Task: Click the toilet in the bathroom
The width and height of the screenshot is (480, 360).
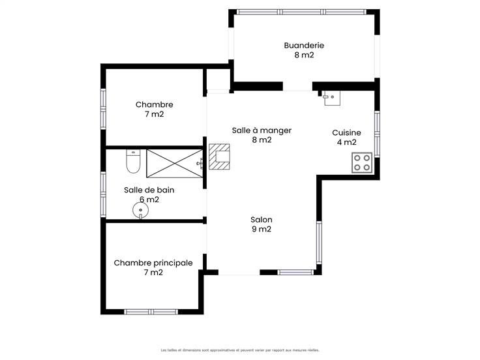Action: click(x=133, y=161)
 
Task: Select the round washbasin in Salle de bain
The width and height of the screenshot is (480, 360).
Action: click(x=140, y=211)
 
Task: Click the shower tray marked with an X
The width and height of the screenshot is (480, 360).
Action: click(x=175, y=164)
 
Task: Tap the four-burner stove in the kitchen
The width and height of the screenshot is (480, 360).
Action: click(x=362, y=162)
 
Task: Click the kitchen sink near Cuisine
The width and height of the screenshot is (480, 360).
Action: click(x=332, y=98)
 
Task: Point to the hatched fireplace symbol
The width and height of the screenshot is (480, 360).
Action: click(x=219, y=157)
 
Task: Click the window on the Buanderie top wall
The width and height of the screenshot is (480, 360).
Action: click(x=301, y=12)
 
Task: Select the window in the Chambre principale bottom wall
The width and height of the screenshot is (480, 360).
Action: click(x=151, y=312)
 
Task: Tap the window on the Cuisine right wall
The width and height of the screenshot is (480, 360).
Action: click(x=377, y=134)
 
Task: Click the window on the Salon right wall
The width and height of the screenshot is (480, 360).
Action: click(x=319, y=243)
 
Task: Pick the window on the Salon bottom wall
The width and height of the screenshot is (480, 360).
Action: click(x=295, y=272)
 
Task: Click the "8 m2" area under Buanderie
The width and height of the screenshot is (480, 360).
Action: click(x=304, y=55)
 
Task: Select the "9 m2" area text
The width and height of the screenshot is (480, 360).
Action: click(x=262, y=230)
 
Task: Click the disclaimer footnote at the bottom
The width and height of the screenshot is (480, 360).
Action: click(x=240, y=350)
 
